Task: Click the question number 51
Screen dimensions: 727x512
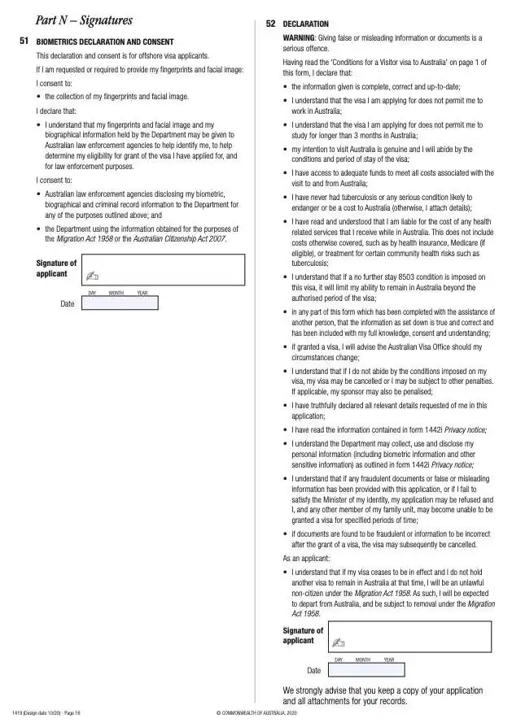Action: (24, 40)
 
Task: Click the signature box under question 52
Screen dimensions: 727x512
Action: (410, 636)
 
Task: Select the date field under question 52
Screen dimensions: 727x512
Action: (366, 669)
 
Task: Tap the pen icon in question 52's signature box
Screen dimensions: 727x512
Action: (338, 643)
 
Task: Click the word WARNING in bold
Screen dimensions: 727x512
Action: (300, 38)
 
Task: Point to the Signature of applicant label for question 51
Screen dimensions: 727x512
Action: (56, 268)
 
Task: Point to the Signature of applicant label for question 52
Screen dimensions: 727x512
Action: (303, 635)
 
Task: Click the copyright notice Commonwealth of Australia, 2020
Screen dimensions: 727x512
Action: (257, 713)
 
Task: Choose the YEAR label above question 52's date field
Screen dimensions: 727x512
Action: (388, 660)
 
